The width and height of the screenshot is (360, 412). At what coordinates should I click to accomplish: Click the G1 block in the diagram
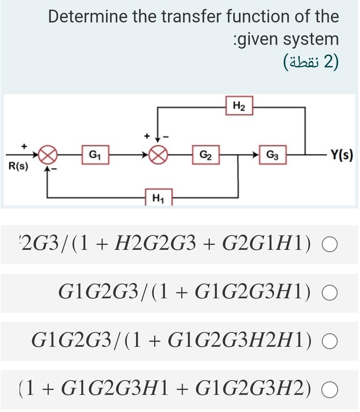click(x=95, y=155)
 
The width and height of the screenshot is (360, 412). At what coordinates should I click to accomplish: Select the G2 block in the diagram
click(x=205, y=155)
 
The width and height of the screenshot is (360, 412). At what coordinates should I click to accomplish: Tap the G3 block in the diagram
click(x=273, y=155)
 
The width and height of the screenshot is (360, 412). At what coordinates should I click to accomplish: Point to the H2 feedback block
click(x=239, y=105)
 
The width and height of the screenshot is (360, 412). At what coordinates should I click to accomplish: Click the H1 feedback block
click(x=159, y=197)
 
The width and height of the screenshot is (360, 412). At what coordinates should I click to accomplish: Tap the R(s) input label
click(x=17, y=167)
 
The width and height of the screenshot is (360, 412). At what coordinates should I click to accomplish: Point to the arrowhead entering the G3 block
click(x=255, y=155)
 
